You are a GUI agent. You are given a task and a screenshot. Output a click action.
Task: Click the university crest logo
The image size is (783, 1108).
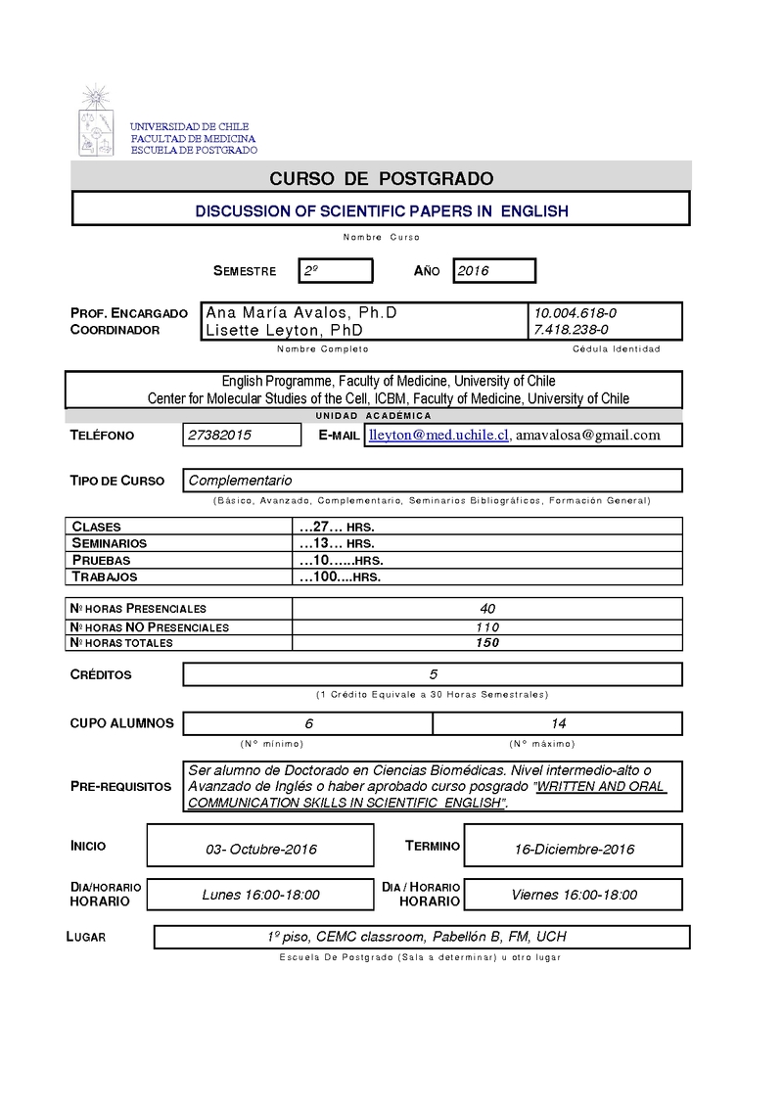pos(96,121)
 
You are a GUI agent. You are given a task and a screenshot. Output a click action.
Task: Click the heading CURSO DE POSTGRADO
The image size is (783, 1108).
pos(382,178)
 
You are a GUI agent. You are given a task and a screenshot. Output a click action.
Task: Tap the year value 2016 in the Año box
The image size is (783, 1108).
pos(474,271)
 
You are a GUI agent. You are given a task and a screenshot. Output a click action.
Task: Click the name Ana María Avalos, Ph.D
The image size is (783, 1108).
pos(301,312)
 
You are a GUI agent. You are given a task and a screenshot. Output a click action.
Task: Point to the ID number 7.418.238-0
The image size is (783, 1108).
pos(572,330)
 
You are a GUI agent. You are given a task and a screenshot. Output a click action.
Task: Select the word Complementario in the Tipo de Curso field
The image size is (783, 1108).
pos(240,481)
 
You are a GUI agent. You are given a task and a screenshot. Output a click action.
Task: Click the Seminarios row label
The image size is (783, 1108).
pos(110,543)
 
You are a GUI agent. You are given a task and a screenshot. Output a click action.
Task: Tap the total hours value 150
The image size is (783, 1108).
pos(487,643)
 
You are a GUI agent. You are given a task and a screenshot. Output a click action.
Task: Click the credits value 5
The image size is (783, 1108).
pos(433,674)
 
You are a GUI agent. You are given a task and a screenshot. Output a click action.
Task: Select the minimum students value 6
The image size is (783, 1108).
pos(308,723)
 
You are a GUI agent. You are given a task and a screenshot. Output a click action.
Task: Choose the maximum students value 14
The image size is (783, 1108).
pos(558,723)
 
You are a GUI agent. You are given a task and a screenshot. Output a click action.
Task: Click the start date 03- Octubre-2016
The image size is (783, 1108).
pos(260,849)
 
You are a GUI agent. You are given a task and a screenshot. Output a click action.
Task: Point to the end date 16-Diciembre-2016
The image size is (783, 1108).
pos(574,849)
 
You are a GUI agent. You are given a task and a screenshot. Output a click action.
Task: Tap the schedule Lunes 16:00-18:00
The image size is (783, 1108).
pos(260,895)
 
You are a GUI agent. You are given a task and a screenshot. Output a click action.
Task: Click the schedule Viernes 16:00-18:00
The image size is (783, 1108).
pos(574,895)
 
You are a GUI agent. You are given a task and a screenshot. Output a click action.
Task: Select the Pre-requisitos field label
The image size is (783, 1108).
pos(120,786)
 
